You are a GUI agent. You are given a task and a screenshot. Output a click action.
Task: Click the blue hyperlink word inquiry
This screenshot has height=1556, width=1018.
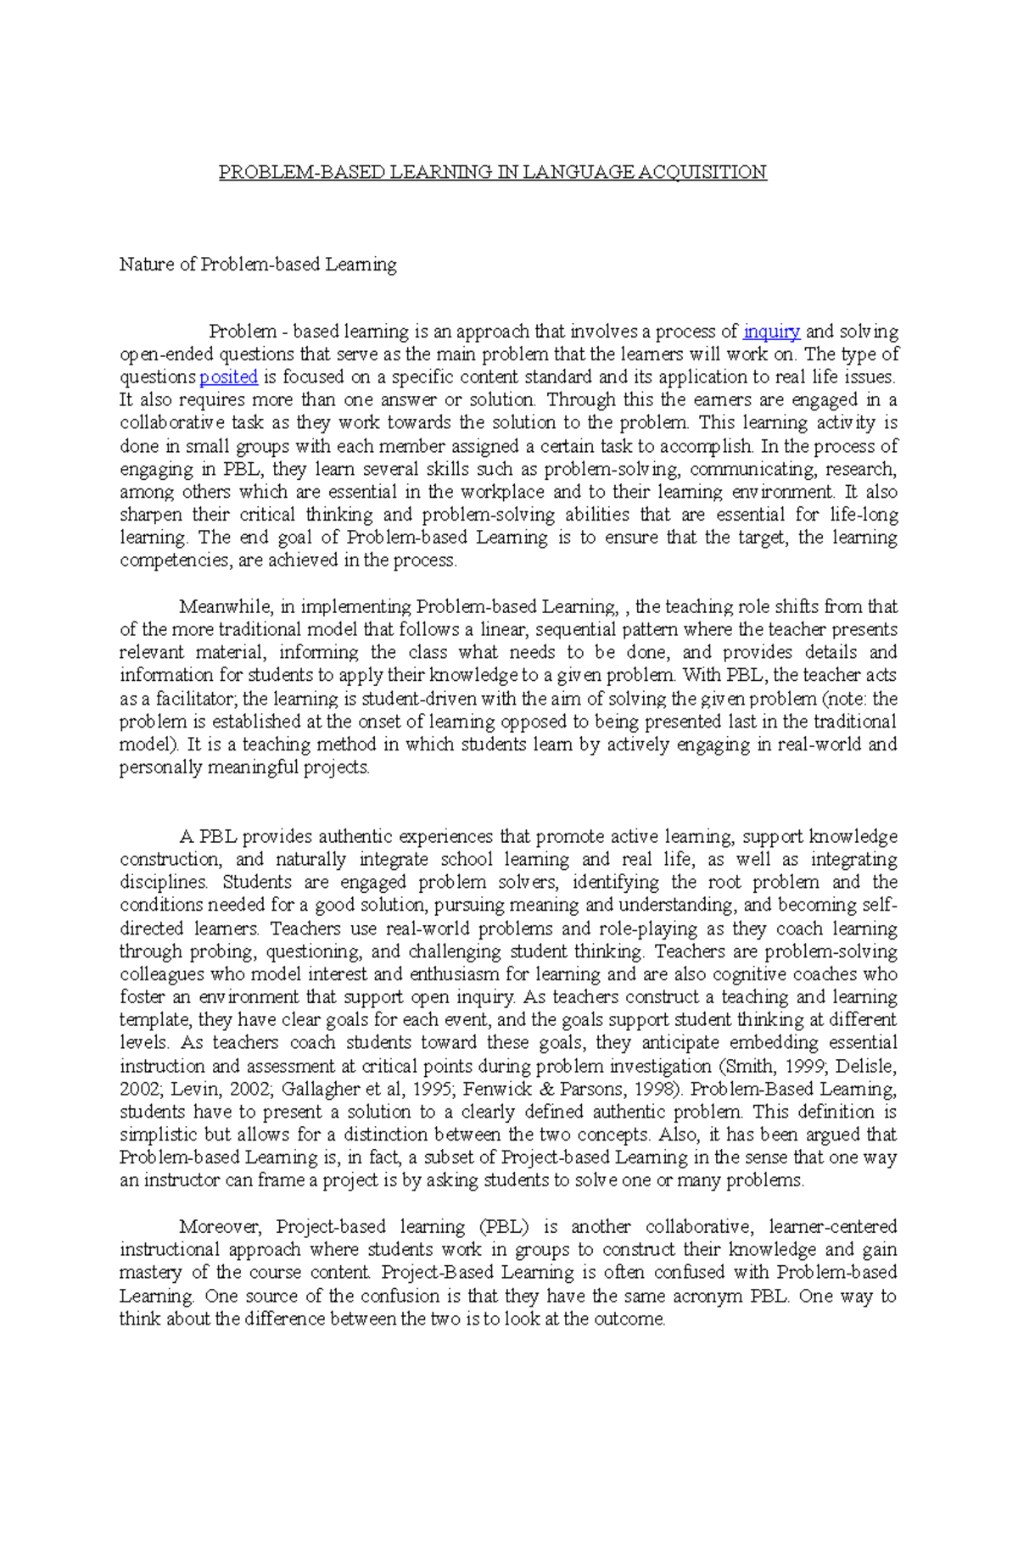coord(771,332)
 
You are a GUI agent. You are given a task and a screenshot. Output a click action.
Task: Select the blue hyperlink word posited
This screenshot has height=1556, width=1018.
coord(228,377)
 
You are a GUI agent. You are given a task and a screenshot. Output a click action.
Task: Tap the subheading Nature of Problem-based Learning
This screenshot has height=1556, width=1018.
coord(258,265)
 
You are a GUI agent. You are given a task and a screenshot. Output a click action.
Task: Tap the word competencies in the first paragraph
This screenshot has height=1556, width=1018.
coord(174,560)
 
